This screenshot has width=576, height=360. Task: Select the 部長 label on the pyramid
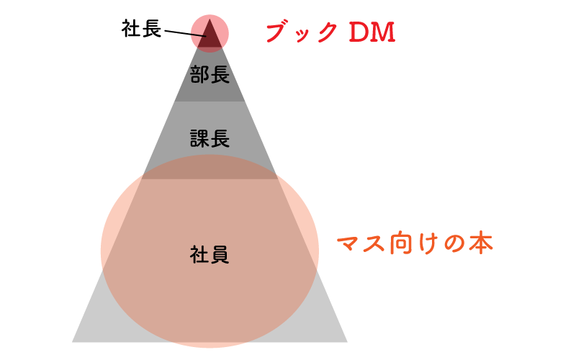pyautogui.click(x=210, y=74)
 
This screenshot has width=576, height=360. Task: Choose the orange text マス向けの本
pyautogui.click(x=415, y=243)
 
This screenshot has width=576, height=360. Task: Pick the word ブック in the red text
pyautogui.click(x=302, y=32)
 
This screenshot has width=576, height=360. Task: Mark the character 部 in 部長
pyautogui.click(x=199, y=74)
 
